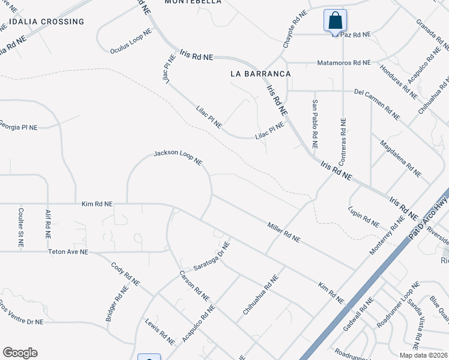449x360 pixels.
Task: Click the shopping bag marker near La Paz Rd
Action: point(335,20)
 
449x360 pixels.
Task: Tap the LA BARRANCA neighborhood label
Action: point(261,73)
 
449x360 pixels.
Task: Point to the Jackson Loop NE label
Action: point(178,158)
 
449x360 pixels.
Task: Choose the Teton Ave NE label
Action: point(68,253)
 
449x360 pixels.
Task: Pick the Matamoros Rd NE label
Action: point(344,62)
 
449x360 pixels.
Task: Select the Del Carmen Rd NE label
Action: point(377,101)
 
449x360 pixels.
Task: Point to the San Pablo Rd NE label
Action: point(314,124)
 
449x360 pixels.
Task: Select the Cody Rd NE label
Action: point(125,274)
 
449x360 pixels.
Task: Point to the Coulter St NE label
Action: point(21,228)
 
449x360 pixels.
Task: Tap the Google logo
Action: point(20,353)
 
